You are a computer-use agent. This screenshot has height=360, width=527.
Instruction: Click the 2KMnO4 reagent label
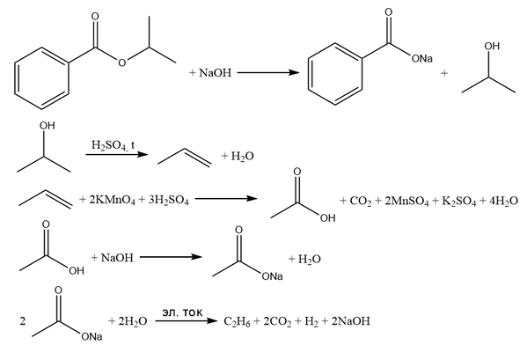[x=112, y=201]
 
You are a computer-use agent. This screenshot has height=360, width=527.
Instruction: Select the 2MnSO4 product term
[x=406, y=202]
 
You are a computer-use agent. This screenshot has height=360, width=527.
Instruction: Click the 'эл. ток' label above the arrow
[x=182, y=312]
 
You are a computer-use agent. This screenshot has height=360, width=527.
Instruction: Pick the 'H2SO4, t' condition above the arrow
[x=113, y=145]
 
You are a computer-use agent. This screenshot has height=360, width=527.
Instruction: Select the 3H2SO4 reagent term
[x=168, y=201]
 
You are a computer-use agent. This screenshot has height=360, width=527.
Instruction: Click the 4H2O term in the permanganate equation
[x=503, y=202]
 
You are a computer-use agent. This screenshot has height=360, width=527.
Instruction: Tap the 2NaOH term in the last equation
[x=350, y=321]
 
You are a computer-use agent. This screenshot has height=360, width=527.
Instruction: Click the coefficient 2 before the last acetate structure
[x=23, y=321]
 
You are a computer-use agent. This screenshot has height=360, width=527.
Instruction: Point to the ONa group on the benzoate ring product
[x=422, y=59]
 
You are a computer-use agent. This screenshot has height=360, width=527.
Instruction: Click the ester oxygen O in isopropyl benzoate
[x=122, y=62]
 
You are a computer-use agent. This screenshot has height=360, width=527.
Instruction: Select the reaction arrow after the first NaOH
[x=267, y=72]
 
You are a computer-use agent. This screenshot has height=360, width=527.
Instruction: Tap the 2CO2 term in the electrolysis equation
[x=277, y=321]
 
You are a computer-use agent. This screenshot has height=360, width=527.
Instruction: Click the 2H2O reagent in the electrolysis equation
[x=133, y=321]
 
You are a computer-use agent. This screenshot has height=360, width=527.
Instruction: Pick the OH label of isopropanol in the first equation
[x=492, y=46]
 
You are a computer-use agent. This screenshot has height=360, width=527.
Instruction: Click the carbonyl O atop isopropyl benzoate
[x=95, y=17]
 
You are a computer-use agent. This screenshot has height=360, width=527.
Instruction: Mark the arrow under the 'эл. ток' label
[x=187, y=321]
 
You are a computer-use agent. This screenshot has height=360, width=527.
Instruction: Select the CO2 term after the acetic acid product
[x=361, y=202]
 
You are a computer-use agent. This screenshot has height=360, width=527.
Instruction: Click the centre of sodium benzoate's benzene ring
[x=335, y=74]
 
